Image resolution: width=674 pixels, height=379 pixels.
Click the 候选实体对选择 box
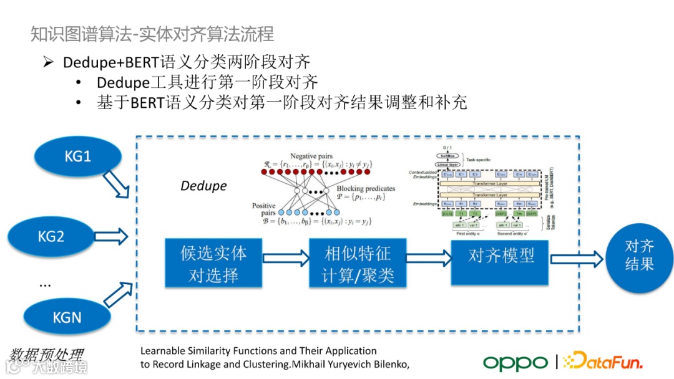(213, 264)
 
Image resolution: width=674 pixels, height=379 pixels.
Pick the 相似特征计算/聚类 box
(358, 263)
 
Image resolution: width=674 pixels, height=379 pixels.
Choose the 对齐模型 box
(501, 256)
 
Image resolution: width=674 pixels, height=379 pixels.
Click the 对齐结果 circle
(639, 256)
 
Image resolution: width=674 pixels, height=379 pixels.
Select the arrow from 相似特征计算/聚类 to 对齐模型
(429, 257)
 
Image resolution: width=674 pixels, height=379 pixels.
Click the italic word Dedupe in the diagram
(203, 186)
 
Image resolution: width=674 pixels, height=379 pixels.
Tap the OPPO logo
(515, 362)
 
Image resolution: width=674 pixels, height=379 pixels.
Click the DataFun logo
(602, 362)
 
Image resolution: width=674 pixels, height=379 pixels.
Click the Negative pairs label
(311, 155)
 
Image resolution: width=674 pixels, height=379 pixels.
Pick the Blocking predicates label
(366, 188)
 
